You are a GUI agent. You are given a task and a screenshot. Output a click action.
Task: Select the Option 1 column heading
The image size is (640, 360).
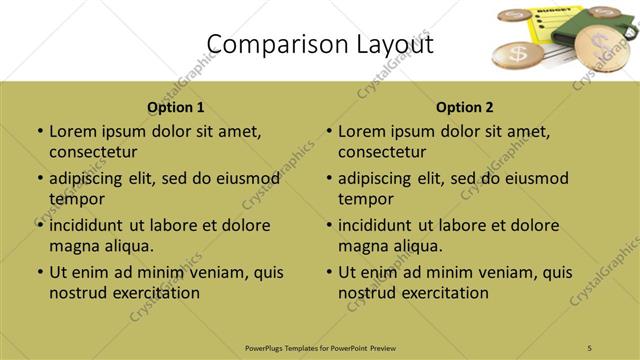tap(175, 107)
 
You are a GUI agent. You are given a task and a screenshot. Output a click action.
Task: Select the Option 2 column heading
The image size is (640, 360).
tap(465, 107)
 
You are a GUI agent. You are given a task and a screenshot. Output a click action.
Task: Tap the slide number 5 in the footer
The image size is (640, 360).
tap(590, 347)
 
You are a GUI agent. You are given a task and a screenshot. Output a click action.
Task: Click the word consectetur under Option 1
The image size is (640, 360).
tap(93, 152)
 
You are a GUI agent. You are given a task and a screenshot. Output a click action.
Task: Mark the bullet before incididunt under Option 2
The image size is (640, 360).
tap(329, 225)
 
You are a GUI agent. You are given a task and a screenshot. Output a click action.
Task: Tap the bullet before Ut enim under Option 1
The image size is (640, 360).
tap(40, 272)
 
